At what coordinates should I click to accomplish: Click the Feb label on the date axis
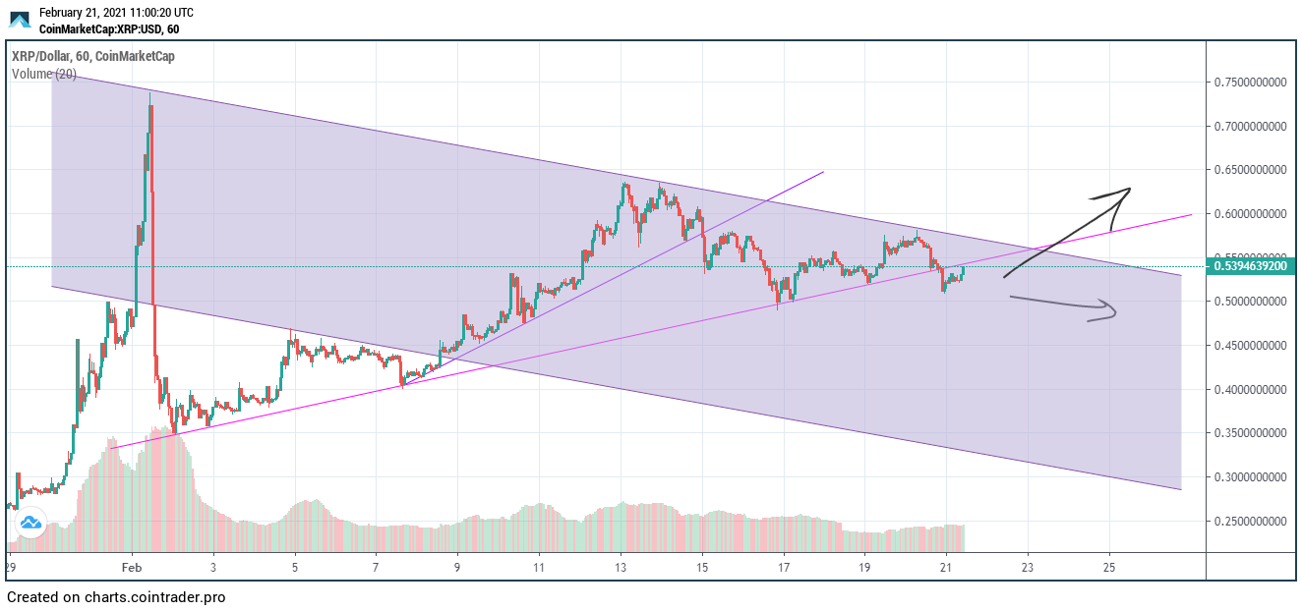point(132,568)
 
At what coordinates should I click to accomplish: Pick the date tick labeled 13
point(621,568)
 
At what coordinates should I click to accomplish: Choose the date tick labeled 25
point(1109,568)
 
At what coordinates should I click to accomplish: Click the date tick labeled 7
point(376,568)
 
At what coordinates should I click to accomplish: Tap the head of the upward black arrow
point(1128,189)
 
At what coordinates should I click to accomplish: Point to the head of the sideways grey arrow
point(1116,312)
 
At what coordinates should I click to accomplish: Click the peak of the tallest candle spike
point(149,93)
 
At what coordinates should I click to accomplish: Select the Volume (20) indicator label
point(44,74)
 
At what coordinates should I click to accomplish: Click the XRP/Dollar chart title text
point(92,56)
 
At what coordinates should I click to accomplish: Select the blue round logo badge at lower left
point(30,523)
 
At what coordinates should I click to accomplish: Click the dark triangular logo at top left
point(20,21)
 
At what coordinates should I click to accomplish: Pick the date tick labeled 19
point(864,568)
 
